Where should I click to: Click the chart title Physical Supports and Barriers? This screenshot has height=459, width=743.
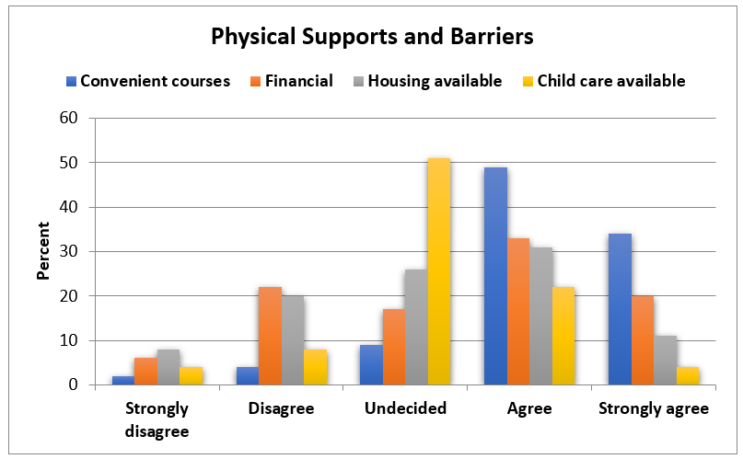pos(372,37)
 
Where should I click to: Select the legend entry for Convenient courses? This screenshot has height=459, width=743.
pos(155,81)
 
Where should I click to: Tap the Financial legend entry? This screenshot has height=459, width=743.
pos(298,81)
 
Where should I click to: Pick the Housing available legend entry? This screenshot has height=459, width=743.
pos(435,81)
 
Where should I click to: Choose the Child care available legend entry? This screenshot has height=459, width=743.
pos(610,81)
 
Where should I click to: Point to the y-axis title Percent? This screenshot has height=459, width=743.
pos(43,250)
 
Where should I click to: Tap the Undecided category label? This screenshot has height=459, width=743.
pos(405,408)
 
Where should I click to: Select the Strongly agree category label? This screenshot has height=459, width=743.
pos(654,408)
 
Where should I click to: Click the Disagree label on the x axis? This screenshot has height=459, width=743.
pos(281,408)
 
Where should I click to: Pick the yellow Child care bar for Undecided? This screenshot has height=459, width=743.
pos(439,271)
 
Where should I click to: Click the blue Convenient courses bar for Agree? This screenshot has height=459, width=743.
pos(495,276)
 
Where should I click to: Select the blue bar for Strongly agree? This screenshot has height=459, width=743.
pos(620,309)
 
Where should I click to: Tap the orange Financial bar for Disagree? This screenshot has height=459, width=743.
pos(271,336)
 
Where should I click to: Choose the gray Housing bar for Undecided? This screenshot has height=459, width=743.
pos(416,327)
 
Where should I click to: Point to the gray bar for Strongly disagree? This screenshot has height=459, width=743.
pos(168,367)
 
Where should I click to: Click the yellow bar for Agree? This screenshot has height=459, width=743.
pos(563,336)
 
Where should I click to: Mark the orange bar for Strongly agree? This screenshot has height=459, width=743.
pos(643,340)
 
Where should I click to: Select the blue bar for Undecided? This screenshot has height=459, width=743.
pos(371,364)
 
